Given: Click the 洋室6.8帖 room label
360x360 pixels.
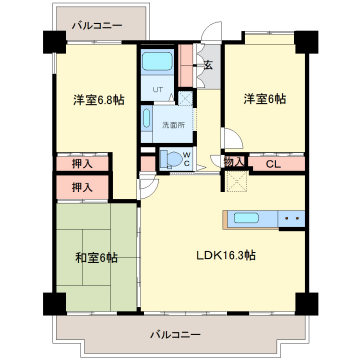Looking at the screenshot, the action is (x=99, y=100).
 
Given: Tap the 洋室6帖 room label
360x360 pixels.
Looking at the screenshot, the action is (x=265, y=99).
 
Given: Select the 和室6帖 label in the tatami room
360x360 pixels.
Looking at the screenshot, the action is (x=96, y=258).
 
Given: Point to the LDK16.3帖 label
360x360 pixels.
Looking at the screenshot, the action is (x=226, y=256).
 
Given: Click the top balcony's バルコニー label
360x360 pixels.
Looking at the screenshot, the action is (x=97, y=25).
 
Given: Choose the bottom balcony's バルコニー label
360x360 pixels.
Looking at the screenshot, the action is (x=175, y=334).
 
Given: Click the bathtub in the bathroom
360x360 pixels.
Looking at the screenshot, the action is (x=157, y=61).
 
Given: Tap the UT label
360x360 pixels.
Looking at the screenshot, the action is (x=158, y=89).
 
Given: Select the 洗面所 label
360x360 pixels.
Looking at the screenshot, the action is (x=173, y=125).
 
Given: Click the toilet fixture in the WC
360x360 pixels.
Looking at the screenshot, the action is (x=170, y=159).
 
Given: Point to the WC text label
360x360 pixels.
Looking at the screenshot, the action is (x=187, y=159).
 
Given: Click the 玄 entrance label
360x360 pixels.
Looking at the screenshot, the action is (x=208, y=66).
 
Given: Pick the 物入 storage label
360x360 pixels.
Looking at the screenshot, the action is (x=234, y=162).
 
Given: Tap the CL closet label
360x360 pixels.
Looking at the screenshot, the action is (x=273, y=164).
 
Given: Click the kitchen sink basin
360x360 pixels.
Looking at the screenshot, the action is (x=246, y=218).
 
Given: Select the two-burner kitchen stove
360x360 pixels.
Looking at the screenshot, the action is (x=291, y=219).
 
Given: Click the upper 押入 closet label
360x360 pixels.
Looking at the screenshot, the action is (x=82, y=164).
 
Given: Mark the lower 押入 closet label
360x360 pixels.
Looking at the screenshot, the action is (x=82, y=188).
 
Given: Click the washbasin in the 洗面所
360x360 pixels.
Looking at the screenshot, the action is (x=147, y=118).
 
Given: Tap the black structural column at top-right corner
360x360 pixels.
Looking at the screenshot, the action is (x=306, y=42).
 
